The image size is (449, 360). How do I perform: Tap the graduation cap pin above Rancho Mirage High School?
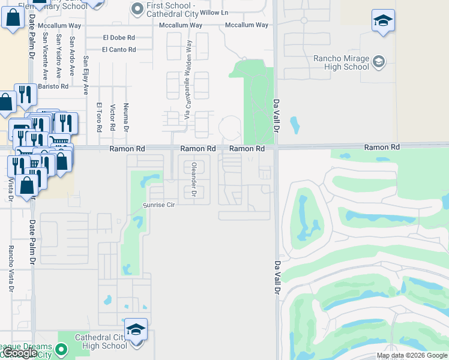383,22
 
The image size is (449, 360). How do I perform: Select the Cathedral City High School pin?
136,331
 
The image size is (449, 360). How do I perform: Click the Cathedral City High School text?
101,341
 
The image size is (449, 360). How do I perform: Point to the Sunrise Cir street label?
158,205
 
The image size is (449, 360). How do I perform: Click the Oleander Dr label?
193,179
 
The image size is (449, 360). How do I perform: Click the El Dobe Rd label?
119,37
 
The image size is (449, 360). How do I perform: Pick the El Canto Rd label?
119,50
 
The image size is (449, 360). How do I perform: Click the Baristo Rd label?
53,86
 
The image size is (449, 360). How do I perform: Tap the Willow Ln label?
214,13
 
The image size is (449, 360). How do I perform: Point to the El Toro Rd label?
99,117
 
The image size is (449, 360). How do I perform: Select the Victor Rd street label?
112,118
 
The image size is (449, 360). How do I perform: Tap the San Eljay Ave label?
86,76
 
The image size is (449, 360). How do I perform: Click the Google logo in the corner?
20,352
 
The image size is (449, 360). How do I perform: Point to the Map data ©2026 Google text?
411,355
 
